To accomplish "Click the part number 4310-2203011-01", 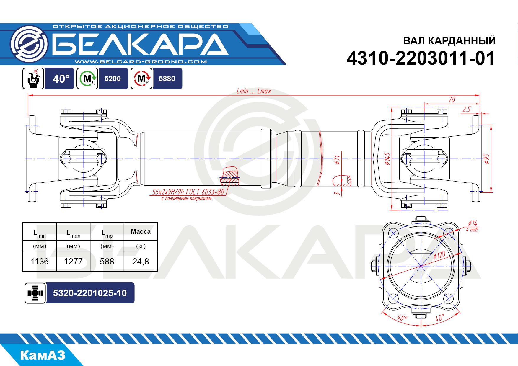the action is tap(421, 58).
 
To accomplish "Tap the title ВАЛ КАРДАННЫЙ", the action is tap(449, 41).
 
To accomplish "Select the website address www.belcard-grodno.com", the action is tap(141, 62).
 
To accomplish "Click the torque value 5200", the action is tap(113, 79).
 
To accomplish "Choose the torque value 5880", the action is tap(167, 79).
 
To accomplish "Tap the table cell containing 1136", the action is tap(40, 261).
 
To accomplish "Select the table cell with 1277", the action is tap(73, 261).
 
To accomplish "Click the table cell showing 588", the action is tap(107, 261).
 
